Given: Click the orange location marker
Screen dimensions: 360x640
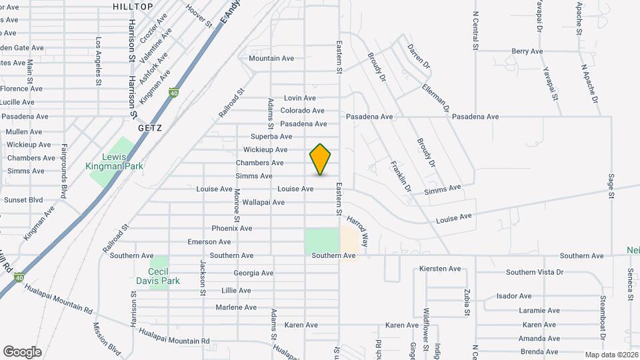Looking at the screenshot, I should [x=321, y=159].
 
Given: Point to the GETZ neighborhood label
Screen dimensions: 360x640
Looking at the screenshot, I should [x=150, y=127].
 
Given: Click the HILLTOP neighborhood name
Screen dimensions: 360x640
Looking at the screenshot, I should [x=133, y=6].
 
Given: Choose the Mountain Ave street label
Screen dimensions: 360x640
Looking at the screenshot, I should [x=271, y=59].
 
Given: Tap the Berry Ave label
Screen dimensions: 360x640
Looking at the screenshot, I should [x=527, y=51].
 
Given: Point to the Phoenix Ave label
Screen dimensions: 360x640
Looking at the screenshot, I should [x=232, y=228].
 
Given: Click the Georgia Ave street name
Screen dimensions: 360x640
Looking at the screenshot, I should [x=253, y=273].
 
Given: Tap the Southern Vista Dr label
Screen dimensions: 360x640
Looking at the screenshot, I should [x=535, y=272].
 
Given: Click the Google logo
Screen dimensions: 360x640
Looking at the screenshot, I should [x=22, y=351].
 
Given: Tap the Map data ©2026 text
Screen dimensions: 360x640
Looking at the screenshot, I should [x=611, y=354].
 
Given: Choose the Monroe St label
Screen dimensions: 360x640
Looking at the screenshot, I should [x=237, y=205].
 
